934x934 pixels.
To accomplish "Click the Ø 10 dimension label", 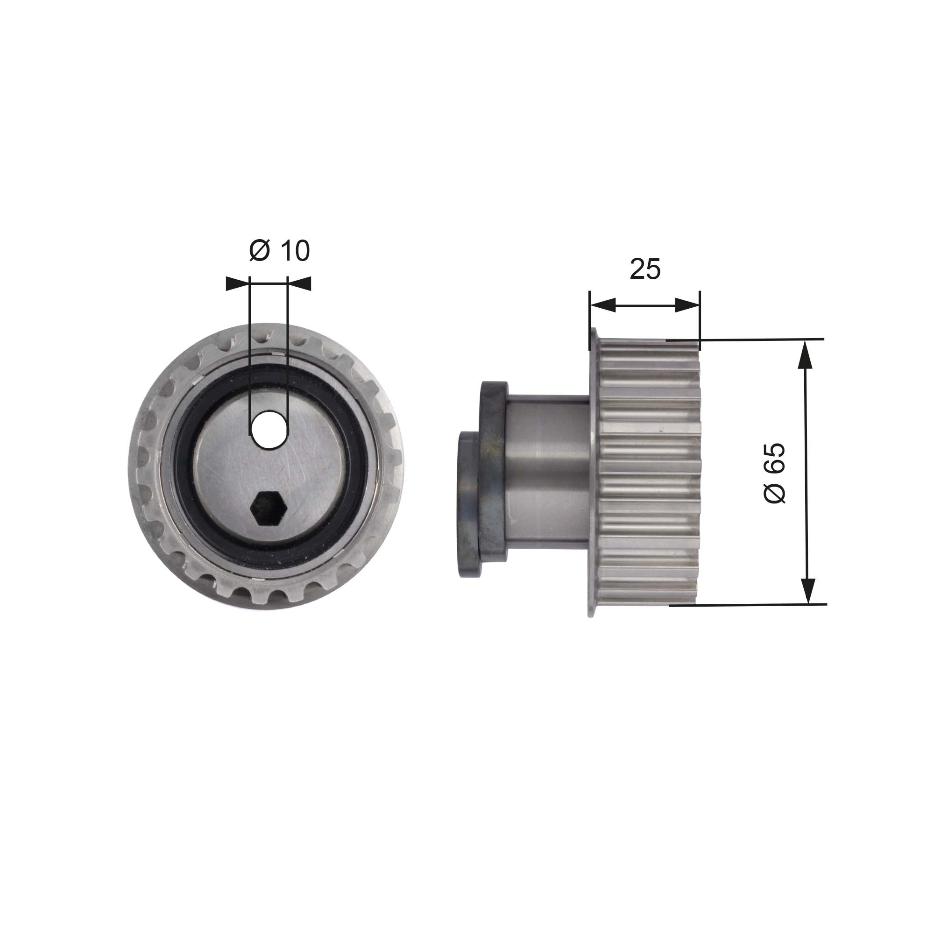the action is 279,251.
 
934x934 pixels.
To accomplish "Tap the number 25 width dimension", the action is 645,269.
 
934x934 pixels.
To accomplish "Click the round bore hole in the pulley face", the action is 269,429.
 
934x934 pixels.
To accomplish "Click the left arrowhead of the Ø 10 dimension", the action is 238,284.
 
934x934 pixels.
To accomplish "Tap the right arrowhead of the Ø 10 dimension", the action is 299,284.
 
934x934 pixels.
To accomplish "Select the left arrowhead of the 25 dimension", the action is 603,305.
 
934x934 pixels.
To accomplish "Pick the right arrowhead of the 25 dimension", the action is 687,305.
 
